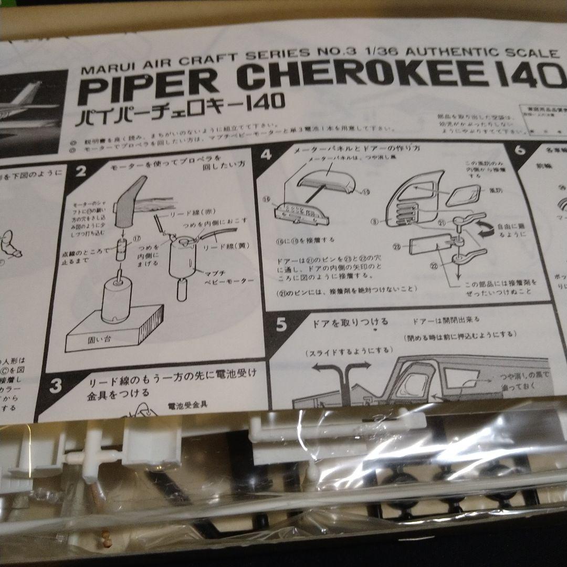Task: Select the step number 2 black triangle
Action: (80, 172)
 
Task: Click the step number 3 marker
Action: (55, 386)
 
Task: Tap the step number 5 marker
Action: (281, 325)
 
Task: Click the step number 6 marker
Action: (520, 150)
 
